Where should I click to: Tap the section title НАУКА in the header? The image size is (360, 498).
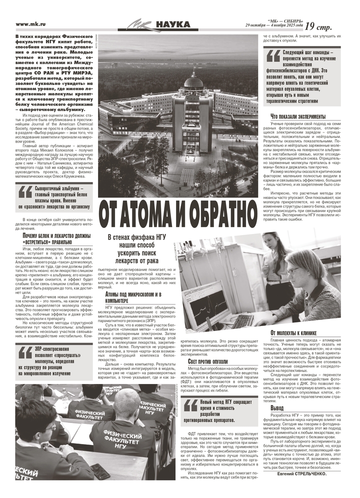pyautogui.click(x=172, y=24)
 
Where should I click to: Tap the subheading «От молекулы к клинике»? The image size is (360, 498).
pyautogui.click(x=293, y=333)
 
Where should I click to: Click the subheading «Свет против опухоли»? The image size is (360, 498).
pyautogui.click(x=207, y=361)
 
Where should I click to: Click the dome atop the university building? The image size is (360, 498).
pyautogui.click(x=193, y=80)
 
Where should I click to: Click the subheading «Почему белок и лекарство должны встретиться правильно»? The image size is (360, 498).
pyautogui.click(x=56, y=238)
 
